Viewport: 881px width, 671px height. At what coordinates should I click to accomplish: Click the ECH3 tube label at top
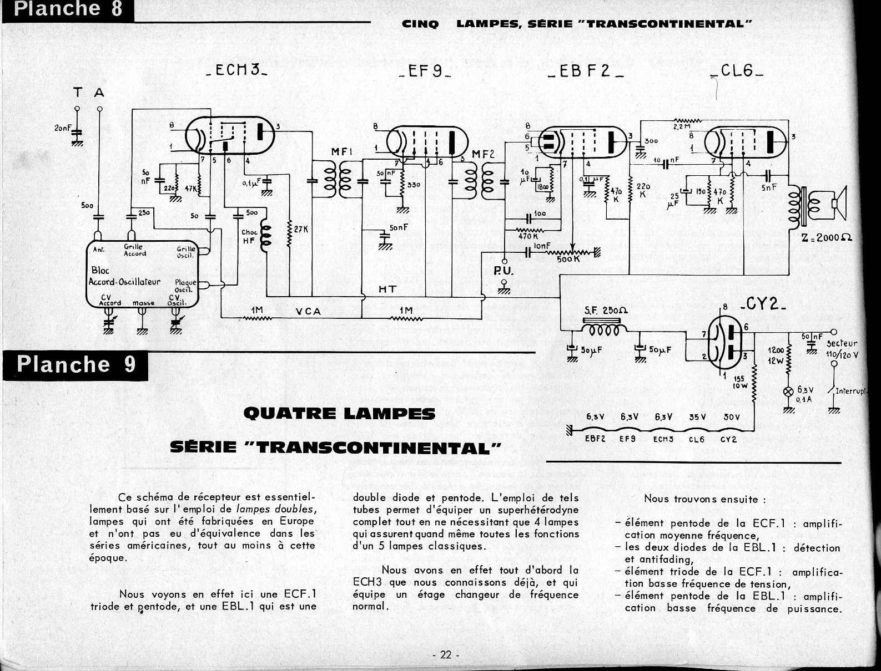pyautogui.click(x=235, y=72)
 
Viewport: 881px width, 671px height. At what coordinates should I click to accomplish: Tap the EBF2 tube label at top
pyautogui.click(x=585, y=72)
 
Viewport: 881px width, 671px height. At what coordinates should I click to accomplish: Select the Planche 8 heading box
pyautogui.click(x=67, y=10)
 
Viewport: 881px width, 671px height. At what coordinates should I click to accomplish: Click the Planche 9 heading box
pyautogui.click(x=76, y=364)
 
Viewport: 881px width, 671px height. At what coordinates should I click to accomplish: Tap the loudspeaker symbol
pyautogui.click(x=837, y=204)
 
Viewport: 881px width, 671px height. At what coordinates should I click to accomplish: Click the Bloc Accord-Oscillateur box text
pyautogui.click(x=124, y=277)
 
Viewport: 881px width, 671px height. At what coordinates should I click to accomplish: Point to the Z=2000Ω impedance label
pyautogui.click(x=825, y=237)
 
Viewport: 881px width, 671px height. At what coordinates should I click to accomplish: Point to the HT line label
pyautogui.click(x=387, y=289)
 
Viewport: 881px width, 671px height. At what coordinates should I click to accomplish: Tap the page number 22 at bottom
pyautogui.click(x=445, y=654)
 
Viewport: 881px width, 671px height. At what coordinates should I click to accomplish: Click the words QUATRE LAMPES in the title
pyautogui.click(x=339, y=414)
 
